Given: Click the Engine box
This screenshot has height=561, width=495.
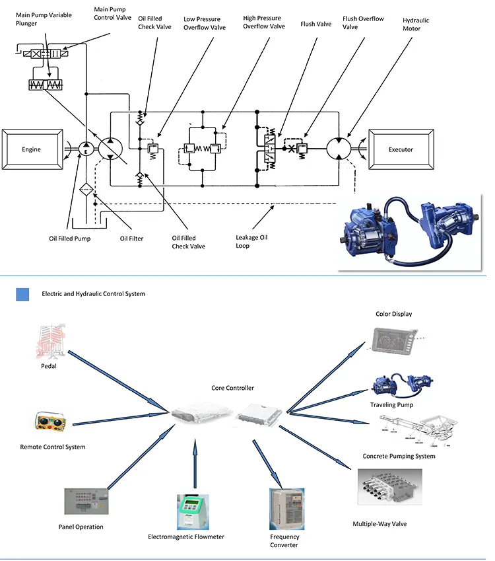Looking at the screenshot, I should click(x=31, y=149).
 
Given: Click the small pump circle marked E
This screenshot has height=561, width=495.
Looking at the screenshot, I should click(x=86, y=150).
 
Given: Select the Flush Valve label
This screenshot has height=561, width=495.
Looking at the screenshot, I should click(x=316, y=24).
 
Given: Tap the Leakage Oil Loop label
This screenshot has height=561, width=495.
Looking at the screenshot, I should click(x=251, y=241).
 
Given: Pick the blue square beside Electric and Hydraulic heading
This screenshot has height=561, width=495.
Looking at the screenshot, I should click(x=23, y=294).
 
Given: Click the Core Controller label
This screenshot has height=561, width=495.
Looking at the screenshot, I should click(x=232, y=388).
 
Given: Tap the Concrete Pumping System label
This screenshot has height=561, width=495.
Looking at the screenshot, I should click(x=399, y=456).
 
